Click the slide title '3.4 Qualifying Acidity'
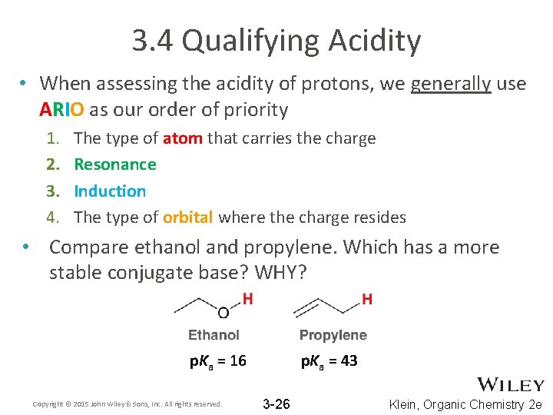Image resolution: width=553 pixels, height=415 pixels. point(276,41)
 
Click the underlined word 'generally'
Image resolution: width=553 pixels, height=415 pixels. point(450,83)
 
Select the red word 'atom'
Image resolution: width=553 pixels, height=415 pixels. point(183,138)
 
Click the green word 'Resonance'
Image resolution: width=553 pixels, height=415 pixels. point(115,164)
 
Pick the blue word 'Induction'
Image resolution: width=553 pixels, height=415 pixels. point(110,191)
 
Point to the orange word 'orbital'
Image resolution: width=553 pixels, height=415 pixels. point(188,217)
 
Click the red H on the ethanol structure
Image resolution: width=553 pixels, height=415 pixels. point(247,299)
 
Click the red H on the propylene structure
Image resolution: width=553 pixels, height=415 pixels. point(366,299)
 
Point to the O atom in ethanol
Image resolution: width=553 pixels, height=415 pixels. point(224,313)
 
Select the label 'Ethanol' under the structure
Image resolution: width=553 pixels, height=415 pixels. point(214,335)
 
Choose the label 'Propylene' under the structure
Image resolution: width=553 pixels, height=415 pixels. point(333,335)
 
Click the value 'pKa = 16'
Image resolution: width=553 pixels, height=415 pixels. point(218,361)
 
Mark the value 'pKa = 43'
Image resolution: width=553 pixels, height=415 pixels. point(329,361)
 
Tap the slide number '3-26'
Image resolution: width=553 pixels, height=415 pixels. point(276,404)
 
